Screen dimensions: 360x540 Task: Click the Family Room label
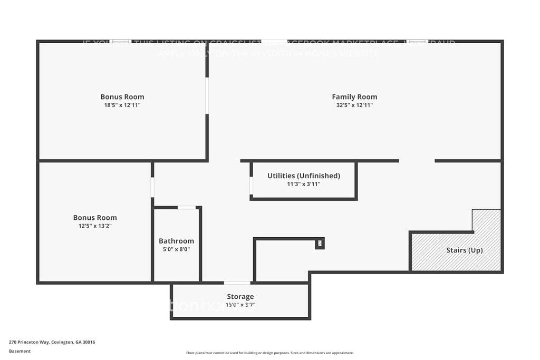click(x=354, y=96)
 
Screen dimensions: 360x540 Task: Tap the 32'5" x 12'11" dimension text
click(x=354, y=105)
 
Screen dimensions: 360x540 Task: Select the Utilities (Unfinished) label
click(x=304, y=176)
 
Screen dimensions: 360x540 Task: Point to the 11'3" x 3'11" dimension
click(x=304, y=184)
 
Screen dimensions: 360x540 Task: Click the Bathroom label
click(x=176, y=241)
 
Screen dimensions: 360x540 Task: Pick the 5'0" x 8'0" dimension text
click(x=176, y=249)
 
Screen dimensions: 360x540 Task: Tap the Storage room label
click(x=240, y=297)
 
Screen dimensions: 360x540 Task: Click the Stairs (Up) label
click(x=464, y=250)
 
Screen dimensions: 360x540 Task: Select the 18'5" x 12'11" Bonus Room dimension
click(x=122, y=105)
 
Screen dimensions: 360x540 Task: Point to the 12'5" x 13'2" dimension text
click(x=95, y=226)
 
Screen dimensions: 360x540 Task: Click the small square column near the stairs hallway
click(x=320, y=243)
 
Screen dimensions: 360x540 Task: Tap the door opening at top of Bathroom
click(x=186, y=207)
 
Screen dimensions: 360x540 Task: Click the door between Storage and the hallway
click(x=237, y=283)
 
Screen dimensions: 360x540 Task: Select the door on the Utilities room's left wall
click(x=251, y=186)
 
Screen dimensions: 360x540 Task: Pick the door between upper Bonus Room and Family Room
click(x=207, y=96)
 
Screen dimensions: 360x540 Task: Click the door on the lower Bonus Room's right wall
click(x=152, y=187)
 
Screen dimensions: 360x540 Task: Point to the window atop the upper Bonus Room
click(x=120, y=41)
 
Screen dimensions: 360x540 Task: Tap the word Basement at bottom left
click(x=20, y=351)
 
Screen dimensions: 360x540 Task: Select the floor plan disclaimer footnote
click(x=269, y=353)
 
